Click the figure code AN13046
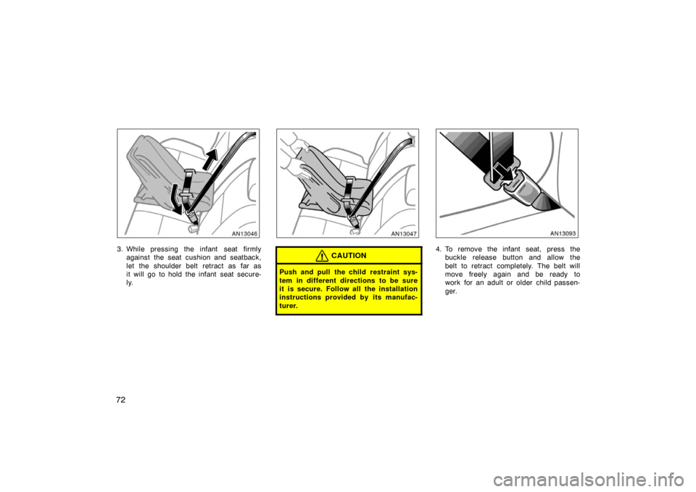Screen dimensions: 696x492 click(x=245, y=233)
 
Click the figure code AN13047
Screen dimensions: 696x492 click(x=405, y=233)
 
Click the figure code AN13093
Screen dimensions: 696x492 click(x=563, y=233)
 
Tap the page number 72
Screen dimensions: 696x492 click(x=121, y=400)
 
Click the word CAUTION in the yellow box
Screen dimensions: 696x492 click(x=349, y=256)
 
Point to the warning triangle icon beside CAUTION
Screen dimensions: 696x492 click(x=322, y=256)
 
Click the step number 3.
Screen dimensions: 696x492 click(x=120, y=249)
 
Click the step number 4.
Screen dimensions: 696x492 click(x=439, y=249)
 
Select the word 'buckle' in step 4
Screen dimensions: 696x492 click(x=455, y=258)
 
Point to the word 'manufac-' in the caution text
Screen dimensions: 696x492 click(x=402, y=298)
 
